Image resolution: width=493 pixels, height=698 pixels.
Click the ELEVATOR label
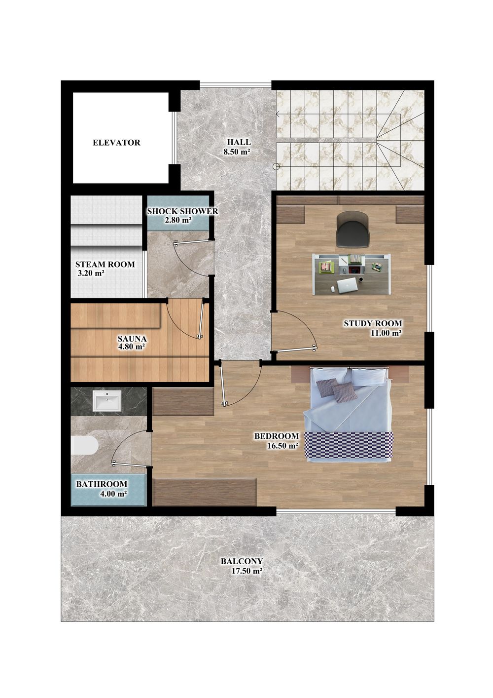(x=116, y=143)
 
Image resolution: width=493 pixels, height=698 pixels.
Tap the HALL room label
(x=239, y=142)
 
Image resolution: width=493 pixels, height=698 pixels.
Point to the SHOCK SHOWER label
(x=183, y=211)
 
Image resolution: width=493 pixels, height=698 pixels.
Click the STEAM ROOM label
(x=105, y=264)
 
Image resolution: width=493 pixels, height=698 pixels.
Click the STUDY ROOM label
(x=373, y=323)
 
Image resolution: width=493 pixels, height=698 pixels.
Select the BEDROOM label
(x=277, y=436)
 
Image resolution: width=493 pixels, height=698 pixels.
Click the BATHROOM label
(x=102, y=484)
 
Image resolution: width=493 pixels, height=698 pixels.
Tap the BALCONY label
(x=242, y=561)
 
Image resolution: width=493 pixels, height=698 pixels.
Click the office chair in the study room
(x=352, y=229)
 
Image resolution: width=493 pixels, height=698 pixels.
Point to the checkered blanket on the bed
(x=349, y=447)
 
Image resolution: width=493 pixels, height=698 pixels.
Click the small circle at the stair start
(x=276, y=167)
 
